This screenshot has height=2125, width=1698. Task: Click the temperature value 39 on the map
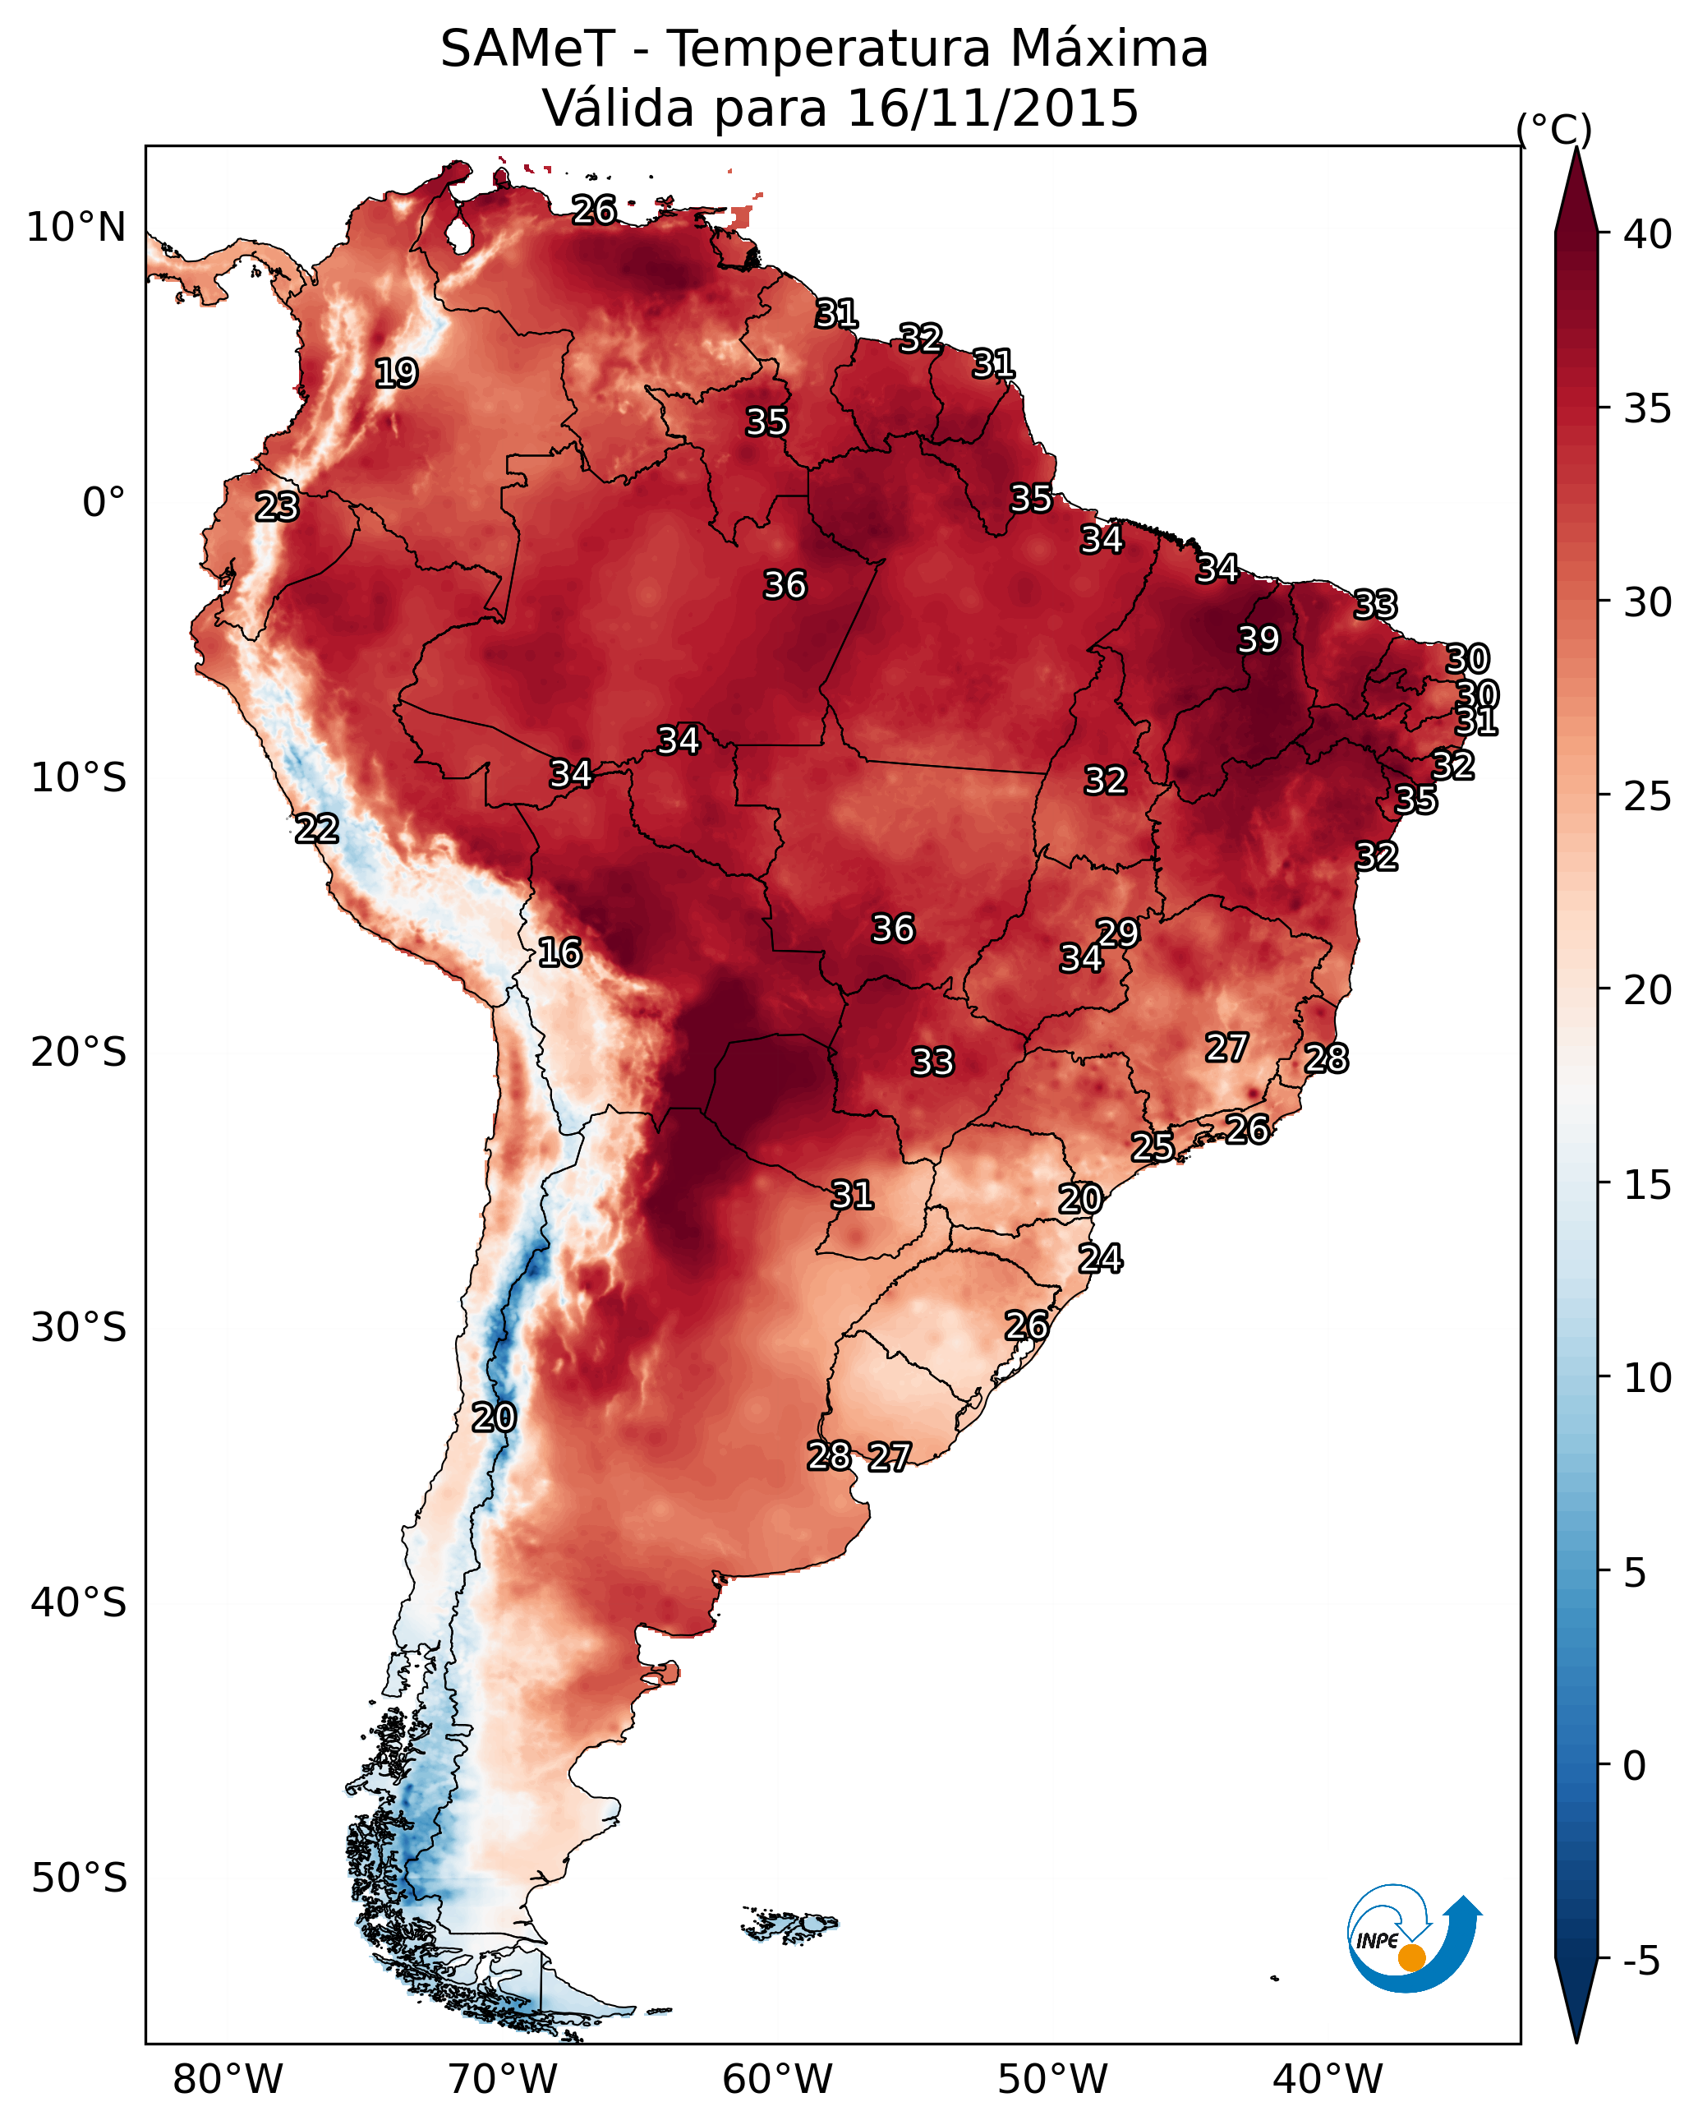coord(1259,639)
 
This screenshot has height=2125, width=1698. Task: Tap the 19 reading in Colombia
coord(396,374)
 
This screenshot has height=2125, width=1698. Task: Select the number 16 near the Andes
coord(559,952)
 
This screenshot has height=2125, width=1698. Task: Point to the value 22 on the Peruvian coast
coord(317,829)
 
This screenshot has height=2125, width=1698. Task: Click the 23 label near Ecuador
coord(277,507)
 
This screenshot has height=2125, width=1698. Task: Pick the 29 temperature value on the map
coord(1119,933)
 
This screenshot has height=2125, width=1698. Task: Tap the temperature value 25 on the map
coord(1152,1146)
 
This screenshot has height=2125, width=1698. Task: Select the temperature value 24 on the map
coord(1101,1259)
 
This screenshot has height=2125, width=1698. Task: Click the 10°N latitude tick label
coord(76,228)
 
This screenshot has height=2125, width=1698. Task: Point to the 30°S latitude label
coord(79,1328)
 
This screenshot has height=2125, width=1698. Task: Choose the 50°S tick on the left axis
coord(79,1878)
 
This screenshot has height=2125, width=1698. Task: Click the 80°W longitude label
coord(228,2079)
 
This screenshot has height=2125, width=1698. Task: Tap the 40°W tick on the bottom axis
coord(1328,2079)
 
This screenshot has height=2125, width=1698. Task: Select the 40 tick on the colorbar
coord(1648,234)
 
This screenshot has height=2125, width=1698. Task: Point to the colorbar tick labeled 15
coord(1648,1185)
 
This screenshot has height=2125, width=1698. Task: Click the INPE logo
coord(1412,1938)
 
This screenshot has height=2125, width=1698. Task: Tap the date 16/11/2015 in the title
coord(992,108)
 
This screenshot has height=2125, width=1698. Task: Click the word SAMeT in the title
coord(528,48)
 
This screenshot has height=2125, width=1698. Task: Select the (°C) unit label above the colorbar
coord(1554,129)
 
